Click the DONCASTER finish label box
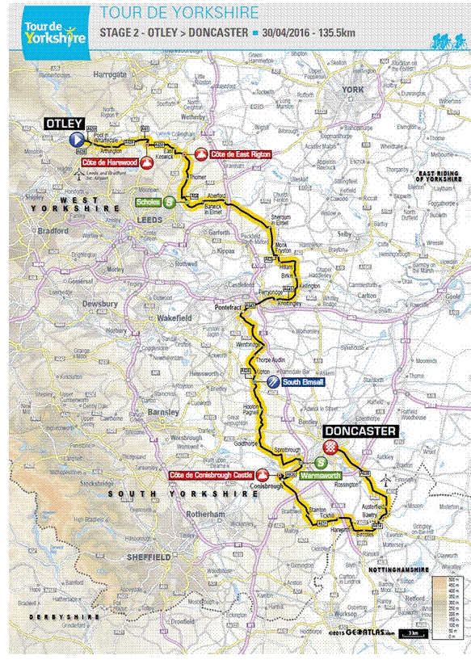[360, 431]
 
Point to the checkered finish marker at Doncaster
[331, 447]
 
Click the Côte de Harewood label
[109, 162]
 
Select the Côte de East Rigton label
[238, 153]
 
